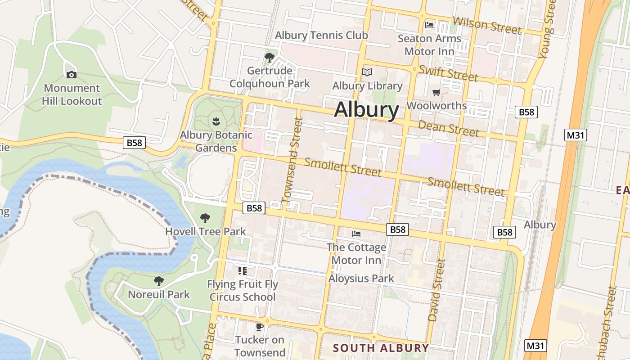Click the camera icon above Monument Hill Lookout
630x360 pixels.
tap(71, 75)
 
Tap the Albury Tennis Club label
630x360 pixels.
tap(321, 35)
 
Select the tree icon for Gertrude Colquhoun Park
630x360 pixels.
tap(270, 57)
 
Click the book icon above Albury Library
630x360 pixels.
tap(368, 72)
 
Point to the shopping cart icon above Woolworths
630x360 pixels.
tap(436, 92)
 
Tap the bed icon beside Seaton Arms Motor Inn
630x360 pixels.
tap(429, 25)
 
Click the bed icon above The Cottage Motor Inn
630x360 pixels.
tap(356, 234)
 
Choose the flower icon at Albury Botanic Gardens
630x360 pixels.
tap(216, 121)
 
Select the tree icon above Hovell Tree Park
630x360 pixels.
tap(205, 218)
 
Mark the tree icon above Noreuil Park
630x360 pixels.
tap(158, 281)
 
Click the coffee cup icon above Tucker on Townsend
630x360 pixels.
tap(260, 326)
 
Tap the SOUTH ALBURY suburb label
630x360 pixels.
tap(381, 348)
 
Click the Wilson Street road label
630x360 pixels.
tap(487, 25)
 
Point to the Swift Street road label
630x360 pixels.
tap(448, 73)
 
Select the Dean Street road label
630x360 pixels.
tap(448, 128)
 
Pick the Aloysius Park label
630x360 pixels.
tap(361, 279)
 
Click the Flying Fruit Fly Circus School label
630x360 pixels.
tap(243, 291)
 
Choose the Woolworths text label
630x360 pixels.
tap(436, 105)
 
